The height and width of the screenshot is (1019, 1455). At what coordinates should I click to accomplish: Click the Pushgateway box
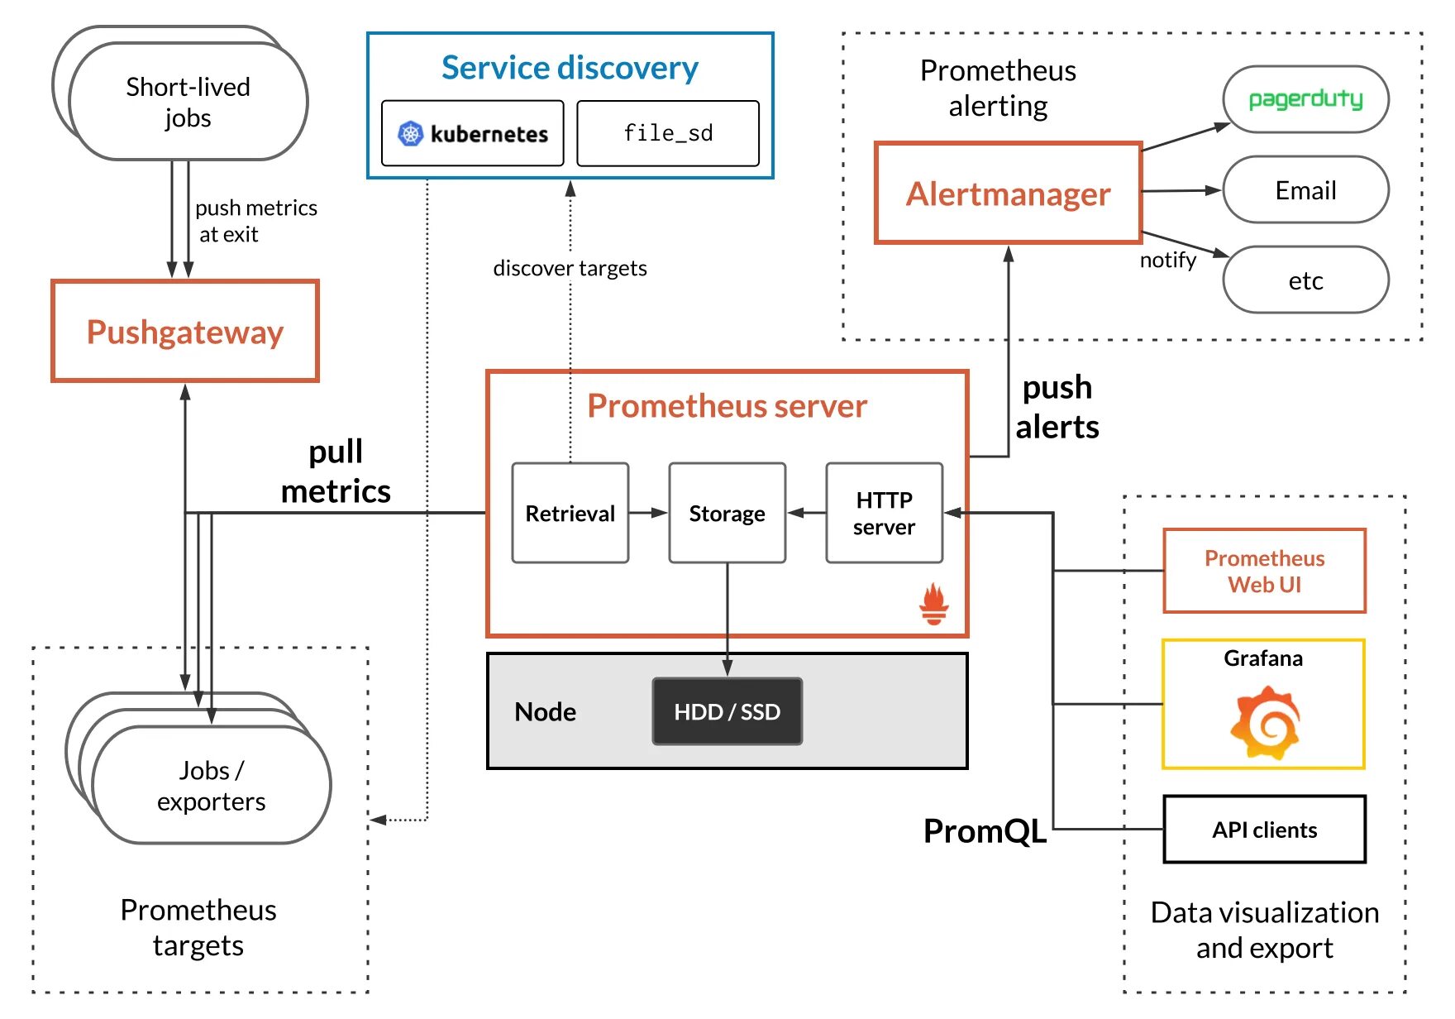click(x=185, y=331)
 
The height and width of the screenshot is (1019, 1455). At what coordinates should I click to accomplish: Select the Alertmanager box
click(x=1008, y=194)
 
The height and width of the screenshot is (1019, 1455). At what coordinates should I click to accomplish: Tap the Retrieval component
click(x=570, y=513)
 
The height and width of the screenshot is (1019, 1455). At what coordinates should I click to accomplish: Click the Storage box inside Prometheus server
click(x=727, y=513)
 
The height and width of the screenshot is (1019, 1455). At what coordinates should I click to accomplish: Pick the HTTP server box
click(x=884, y=513)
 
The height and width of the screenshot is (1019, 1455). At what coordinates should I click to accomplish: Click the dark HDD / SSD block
click(x=727, y=711)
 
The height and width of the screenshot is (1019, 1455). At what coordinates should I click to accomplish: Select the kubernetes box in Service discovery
click(x=473, y=133)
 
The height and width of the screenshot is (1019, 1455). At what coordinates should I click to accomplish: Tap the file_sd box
click(x=668, y=133)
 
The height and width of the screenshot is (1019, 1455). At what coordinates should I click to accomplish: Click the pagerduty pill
click(x=1305, y=99)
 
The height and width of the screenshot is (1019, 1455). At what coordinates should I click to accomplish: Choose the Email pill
click(x=1305, y=190)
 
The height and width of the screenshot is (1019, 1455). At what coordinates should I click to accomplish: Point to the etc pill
click(x=1305, y=280)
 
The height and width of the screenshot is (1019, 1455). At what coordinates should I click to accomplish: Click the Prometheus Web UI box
click(x=1264, y=571)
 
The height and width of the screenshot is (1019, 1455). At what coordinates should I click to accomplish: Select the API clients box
click(x=1264, y=830)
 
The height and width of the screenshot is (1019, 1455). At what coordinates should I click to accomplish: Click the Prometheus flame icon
click(x=934, y=604)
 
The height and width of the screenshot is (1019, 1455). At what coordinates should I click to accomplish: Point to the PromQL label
click(x=985, y=830)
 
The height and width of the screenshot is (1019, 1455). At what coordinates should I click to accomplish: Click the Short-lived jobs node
click(x=188, y=102)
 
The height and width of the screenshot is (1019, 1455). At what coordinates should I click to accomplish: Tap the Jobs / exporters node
click(x=212, y=785)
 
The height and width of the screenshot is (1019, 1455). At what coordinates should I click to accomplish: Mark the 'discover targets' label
click(x=570, y=268)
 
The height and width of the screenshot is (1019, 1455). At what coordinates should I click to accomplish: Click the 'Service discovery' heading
click(x=570, y=68)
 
